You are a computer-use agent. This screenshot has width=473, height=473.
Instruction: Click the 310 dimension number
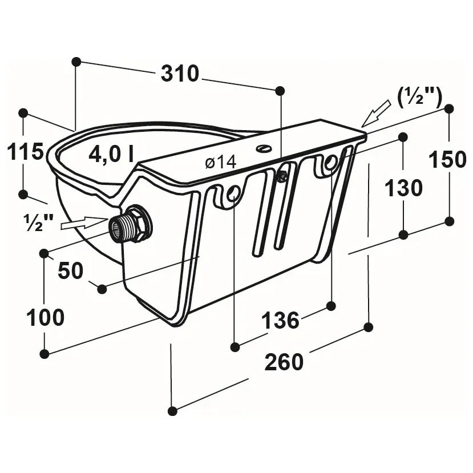180,74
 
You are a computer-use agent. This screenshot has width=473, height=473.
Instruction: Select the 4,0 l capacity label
111,155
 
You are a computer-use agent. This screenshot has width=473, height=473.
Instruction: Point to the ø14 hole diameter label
220,163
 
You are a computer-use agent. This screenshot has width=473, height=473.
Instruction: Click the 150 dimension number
447,160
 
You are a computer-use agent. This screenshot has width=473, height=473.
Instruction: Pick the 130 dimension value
403,188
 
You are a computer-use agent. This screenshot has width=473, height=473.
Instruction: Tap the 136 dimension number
280,320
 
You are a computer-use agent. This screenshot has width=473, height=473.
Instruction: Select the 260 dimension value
284,362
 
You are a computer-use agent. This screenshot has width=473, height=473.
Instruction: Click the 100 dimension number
45,318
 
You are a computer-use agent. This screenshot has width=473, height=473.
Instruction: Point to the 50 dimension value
70,270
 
